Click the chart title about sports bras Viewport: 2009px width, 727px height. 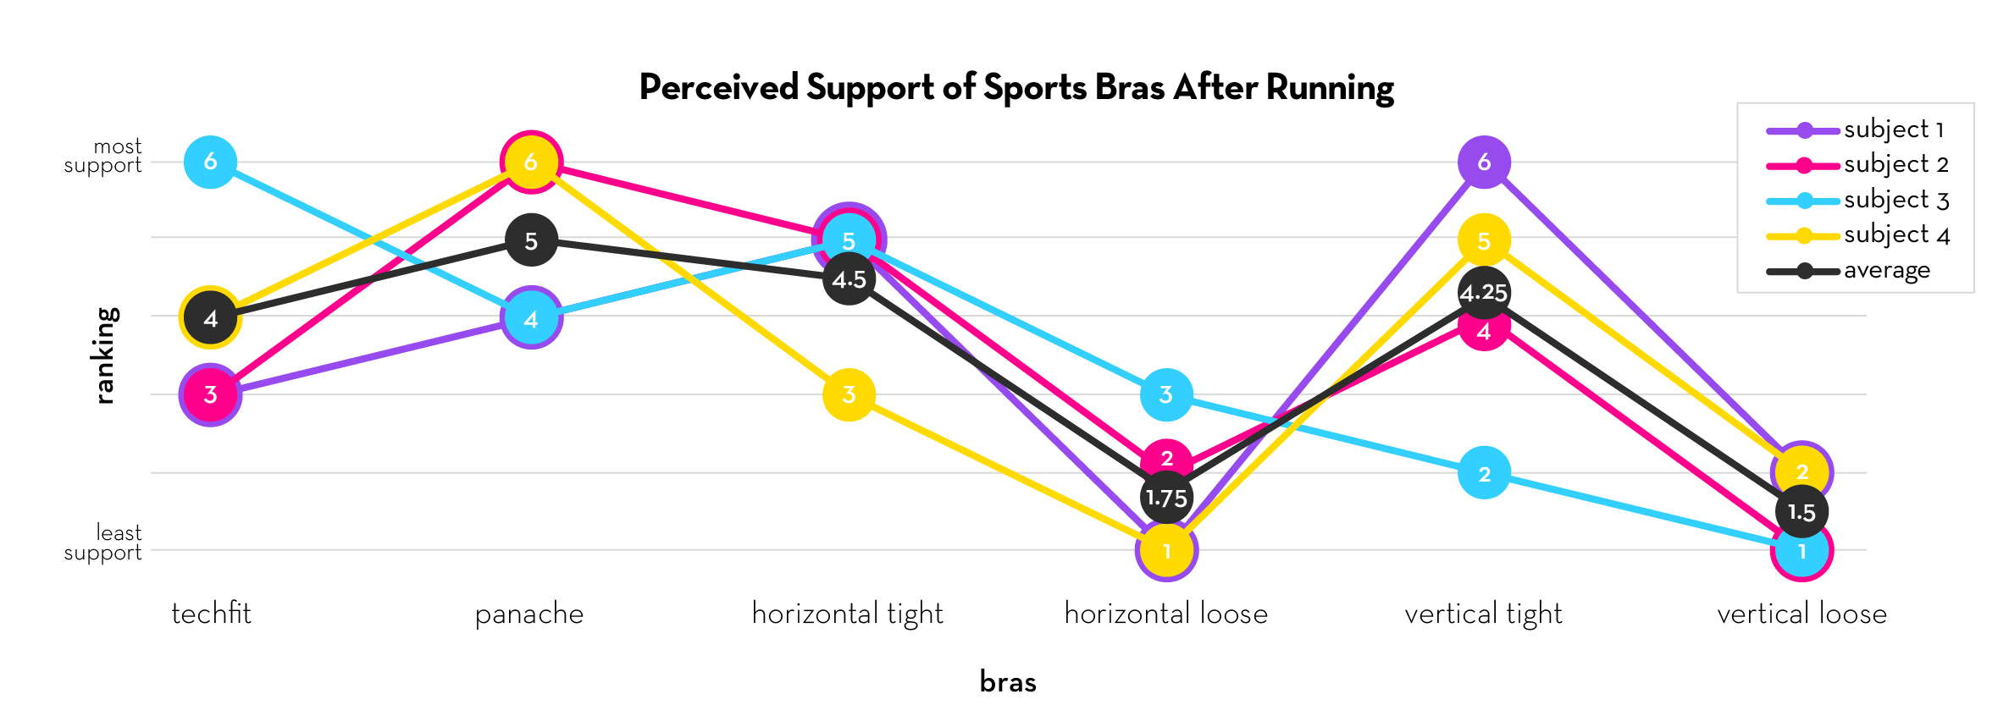coord(1016,88)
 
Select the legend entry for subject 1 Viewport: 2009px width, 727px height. coord(1894,129)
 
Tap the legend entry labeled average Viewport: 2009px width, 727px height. coord(1887,271)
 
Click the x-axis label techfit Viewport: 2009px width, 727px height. coord(211,614)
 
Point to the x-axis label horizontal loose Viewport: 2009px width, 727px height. coord(1165,614)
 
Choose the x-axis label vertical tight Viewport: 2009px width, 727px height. coord(1483,614)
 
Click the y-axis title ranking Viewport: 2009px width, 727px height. coord(104,355)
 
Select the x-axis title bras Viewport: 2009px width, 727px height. coord(1008,682)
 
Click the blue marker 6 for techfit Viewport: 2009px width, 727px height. coord(210,162)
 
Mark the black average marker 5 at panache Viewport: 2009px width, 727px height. coord(531,240)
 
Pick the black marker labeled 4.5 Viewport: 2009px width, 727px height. coord(849,279)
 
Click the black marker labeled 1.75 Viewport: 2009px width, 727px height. coord(1166,498)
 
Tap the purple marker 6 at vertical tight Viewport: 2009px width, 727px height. coord(1484,162)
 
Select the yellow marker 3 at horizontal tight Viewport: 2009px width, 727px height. coord(849,394)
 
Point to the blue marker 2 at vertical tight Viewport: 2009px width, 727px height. coord(1484,473)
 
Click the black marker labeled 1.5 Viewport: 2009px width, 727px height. coord(1801,512)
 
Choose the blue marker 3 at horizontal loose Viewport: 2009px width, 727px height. coord(1166,394)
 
